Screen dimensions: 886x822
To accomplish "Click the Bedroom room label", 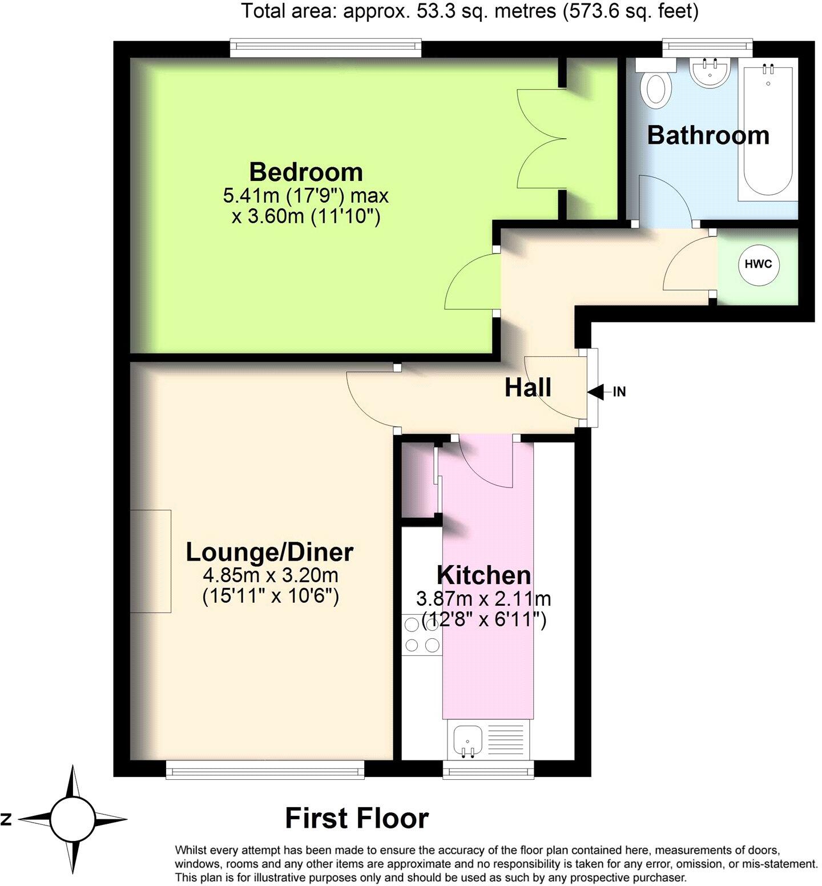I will [x=306, y=172].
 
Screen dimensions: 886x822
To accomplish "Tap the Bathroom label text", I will [x=708, y=135].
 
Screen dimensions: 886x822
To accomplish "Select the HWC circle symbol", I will [x=758, y=264].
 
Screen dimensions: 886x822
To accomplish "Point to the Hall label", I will [x=527, y=388].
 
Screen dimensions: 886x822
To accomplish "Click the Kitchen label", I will [x=483, y=575].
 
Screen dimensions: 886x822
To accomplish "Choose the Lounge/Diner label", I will [x=269, y=552].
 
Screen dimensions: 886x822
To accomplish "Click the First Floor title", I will [x=357, y=817].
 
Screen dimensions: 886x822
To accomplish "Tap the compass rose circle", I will [x=72, y=819].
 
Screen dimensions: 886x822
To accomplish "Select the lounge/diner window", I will [x=265, y=770].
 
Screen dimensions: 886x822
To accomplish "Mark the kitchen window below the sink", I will [x=488, y=770].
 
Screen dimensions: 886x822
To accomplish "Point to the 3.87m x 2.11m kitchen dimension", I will [x=483, y=599].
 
